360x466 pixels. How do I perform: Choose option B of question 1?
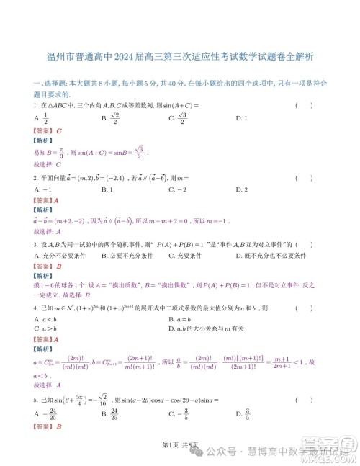pyautogui.click(x=109, y=119)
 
